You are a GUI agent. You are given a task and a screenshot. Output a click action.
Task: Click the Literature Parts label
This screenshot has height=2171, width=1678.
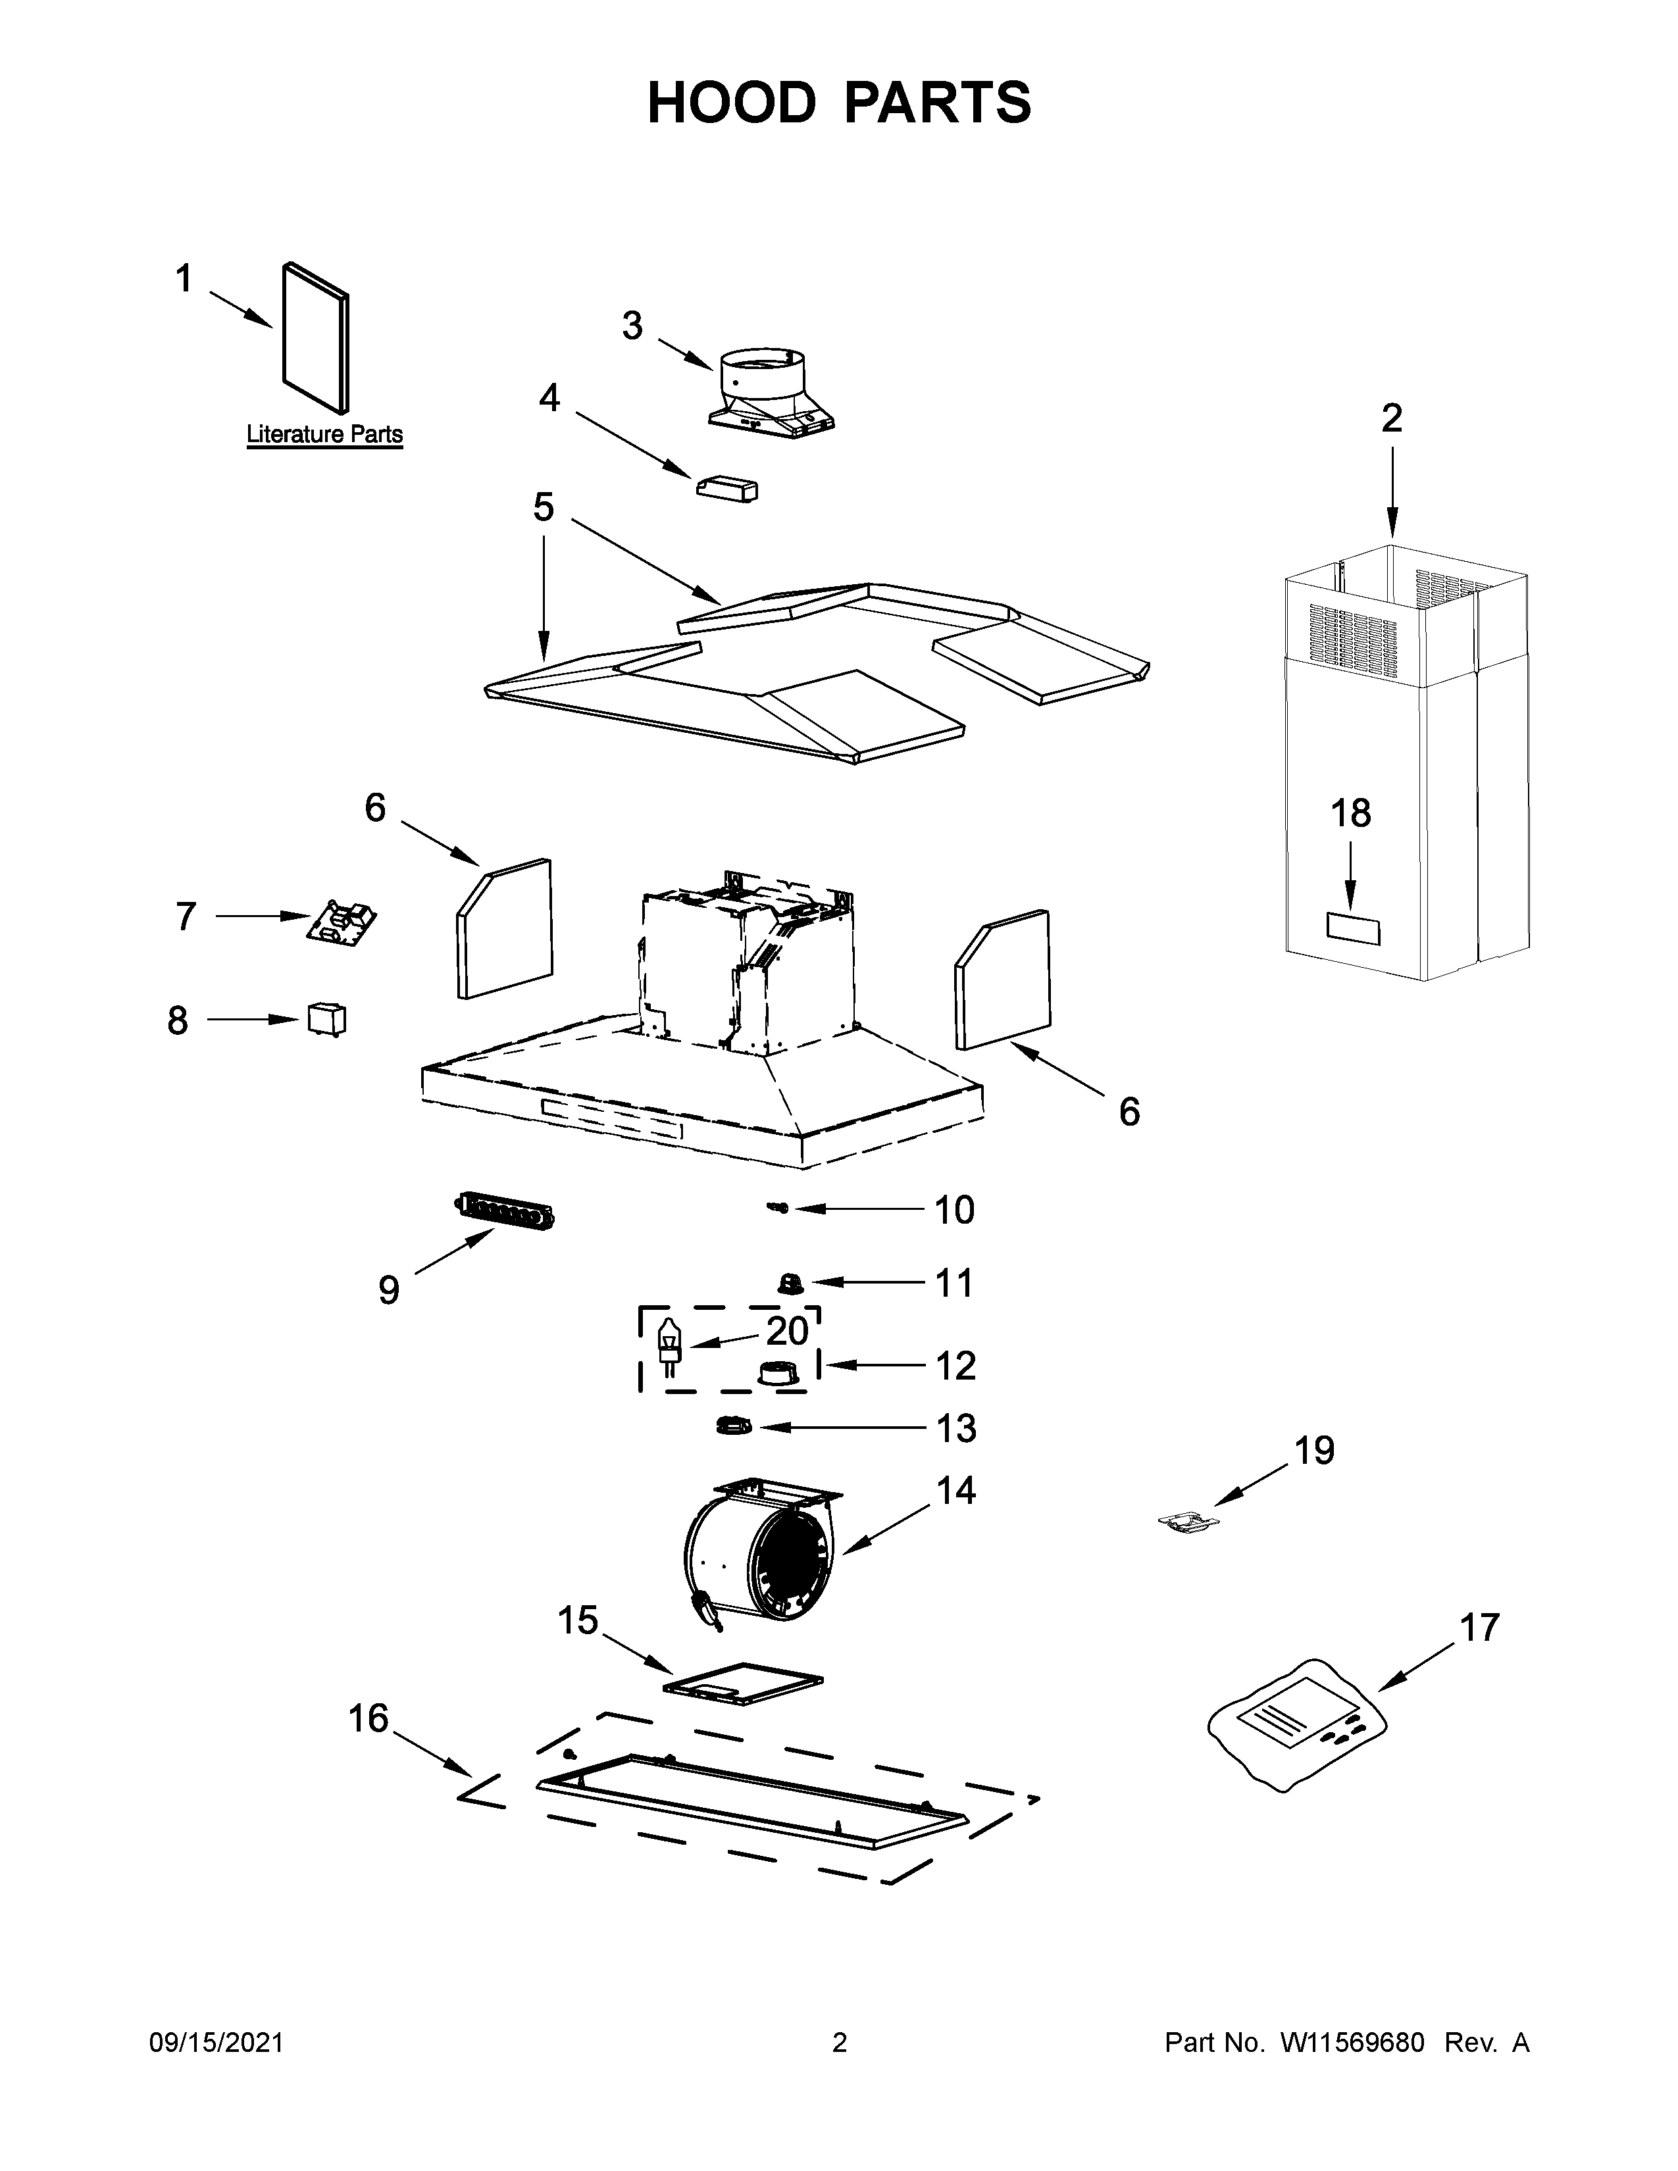[x=324, y=434]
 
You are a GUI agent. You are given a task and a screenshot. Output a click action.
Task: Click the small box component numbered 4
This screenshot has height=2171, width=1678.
[x=726, y=488]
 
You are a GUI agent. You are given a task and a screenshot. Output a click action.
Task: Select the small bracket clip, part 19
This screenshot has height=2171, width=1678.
[x=1189, y=1522]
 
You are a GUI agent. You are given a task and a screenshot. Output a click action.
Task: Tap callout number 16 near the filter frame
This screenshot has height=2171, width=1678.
[x=368, y=1718]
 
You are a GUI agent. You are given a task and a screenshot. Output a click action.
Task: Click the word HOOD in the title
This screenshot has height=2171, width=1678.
[x=730, y=103]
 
